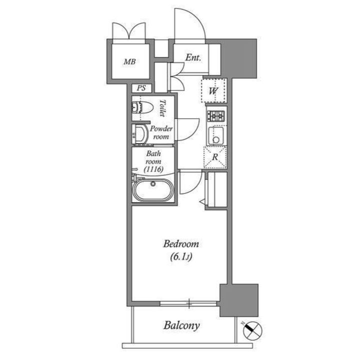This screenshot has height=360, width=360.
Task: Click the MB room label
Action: (129, 61)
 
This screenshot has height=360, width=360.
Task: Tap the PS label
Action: (141, 88)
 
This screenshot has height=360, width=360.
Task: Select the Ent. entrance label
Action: (193, 57)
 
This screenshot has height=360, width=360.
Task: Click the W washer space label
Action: (213, 91)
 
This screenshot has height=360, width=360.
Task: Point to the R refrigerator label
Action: (215, 157)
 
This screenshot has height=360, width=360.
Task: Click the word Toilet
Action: (163, 108)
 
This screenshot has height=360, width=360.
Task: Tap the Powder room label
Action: (161, 132)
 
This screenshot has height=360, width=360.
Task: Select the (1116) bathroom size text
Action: (153, 169)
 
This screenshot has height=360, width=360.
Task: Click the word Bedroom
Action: (181, 244)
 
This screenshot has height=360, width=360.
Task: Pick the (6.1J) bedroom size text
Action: (181, 257)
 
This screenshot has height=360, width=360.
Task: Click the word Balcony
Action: (181, 325)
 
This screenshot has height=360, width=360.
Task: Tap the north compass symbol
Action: (252, 330)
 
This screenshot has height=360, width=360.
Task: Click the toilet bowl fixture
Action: (142, 107)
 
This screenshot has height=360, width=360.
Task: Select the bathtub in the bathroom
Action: (153, 189)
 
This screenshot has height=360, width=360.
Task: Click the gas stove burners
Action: (216, 116)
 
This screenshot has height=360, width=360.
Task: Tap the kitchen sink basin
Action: (216, 135)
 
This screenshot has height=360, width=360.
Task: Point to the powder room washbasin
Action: (140, 134)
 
